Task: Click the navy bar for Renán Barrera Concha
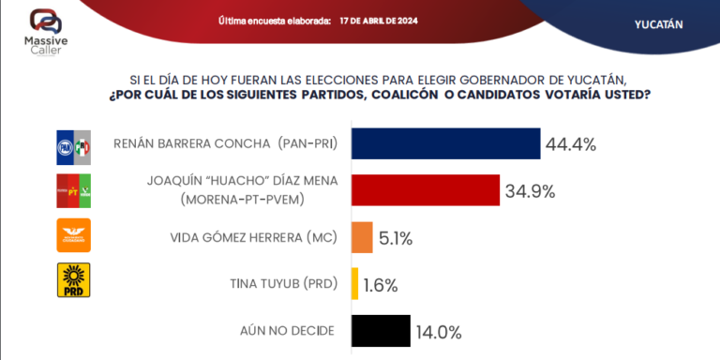click(x=445, y=143)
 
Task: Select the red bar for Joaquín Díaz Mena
click(x=425, y=190)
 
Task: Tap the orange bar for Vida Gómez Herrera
click(x=361, y=237)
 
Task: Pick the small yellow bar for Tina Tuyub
click(x=354, y=284)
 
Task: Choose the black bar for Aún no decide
click(x=380, y=331)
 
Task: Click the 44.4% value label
click(x=571, y=144)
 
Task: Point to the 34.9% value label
click(x=530, y=191)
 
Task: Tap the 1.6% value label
click(x=381, y=285)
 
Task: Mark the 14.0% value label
click(x=439, y=332)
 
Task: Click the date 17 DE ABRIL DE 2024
click(x=380, y=21)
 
